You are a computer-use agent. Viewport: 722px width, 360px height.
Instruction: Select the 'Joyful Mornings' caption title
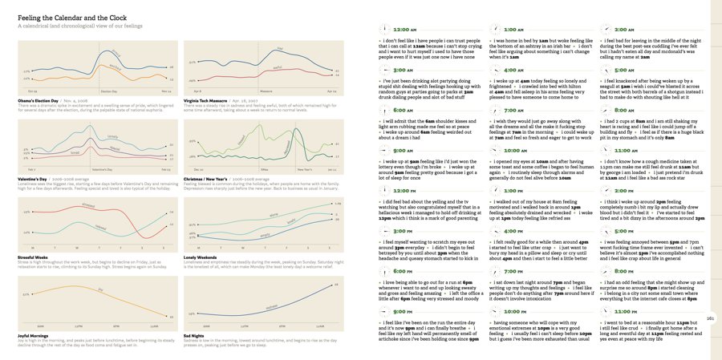tap(37, 335)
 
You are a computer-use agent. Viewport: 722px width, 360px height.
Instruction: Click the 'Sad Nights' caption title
tap(195, 335)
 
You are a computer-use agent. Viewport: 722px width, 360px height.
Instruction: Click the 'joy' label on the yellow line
tap(100, 286)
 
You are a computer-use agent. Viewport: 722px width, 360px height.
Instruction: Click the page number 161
tap(710, 318)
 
